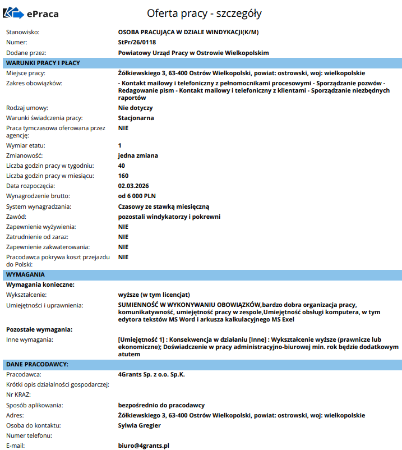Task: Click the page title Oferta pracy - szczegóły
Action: pos(204,13)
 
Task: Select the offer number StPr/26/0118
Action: pos(138,42)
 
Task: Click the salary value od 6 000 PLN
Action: pos(137,196)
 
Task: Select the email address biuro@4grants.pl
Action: pos(144,446)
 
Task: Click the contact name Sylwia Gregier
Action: pos(144,425)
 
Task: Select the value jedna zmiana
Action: pos(138,155)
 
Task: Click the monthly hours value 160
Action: pos(123,176)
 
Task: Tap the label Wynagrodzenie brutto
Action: pos(38,196)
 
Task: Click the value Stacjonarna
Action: pos(136,118)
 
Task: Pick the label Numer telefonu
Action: pos(29,435)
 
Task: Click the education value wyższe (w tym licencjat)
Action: pos(154,295)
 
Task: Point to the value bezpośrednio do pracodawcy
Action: pos(161,405)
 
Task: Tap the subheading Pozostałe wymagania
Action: pos(39,329)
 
